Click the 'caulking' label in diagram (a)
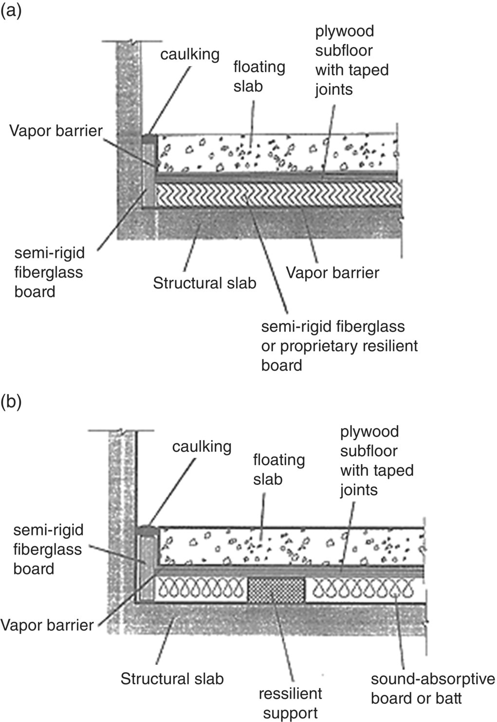[190, 54]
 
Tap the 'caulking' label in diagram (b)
[202, 446]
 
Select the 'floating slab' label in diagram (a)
[258, 76]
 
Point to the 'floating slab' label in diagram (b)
[278, 470]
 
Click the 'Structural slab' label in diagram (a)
[204, 283]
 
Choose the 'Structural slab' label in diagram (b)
[172, 679]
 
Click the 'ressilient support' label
[290, 703]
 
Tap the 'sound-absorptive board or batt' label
[432, 689]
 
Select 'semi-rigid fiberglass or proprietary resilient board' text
[339, 346]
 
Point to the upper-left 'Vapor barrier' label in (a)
[56, 130]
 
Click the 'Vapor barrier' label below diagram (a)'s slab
[332, 273]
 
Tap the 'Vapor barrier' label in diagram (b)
[47, 625]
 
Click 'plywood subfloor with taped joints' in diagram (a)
[351, 60]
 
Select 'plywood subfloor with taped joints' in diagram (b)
[376, 461]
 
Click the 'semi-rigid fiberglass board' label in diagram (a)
[49, 272]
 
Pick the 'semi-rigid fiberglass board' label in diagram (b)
[48, 549]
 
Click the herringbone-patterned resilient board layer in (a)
[277, 194]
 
